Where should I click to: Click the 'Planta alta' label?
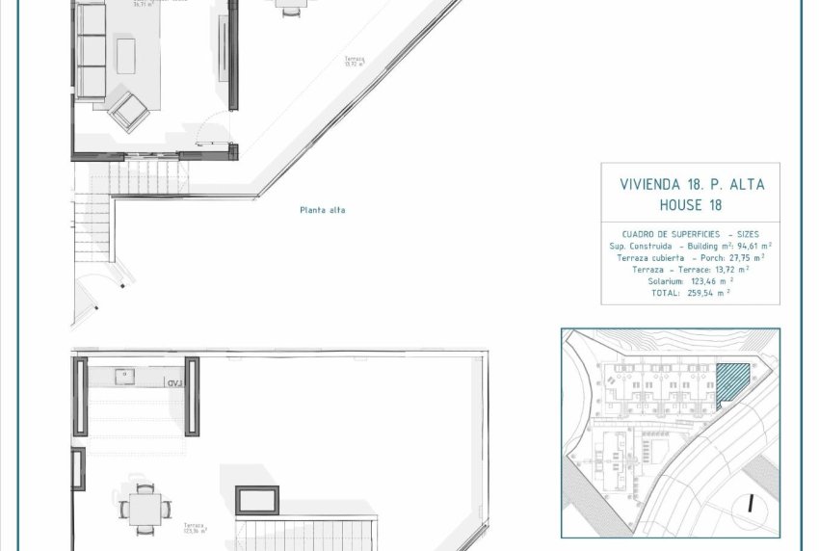point(322,210)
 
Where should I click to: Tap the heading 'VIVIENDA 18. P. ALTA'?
point(691,184)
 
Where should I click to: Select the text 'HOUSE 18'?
point(691,204)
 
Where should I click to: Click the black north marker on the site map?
point(749,504)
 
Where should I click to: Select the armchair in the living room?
point(128,111)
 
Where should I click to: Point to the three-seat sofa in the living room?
point(91,50)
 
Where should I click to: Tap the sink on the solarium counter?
point(125,377)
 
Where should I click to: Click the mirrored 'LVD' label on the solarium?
point(174,382)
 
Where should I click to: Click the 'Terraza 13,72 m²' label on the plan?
point(356,62)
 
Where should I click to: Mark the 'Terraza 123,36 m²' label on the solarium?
point(197,527)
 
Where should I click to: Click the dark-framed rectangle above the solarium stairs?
point(257,500)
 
